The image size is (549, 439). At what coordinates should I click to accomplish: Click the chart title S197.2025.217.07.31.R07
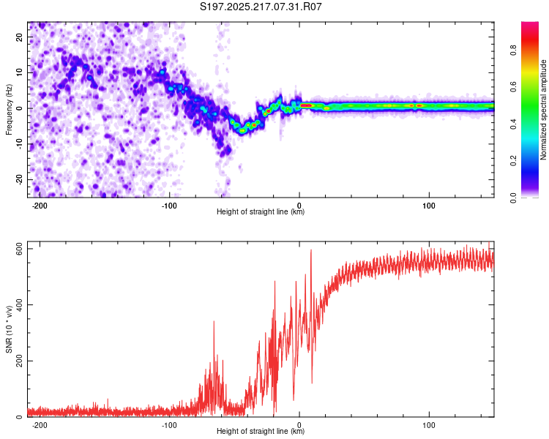click(261, 7)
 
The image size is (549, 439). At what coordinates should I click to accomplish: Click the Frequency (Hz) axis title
click(9, 110)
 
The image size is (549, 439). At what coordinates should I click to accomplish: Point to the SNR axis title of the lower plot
click(9, 329)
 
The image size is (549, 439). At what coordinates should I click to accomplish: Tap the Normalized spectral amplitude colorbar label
click(543, 110)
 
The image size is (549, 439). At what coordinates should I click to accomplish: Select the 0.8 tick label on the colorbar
click(514, 50)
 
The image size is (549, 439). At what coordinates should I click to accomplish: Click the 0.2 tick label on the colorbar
click(514, 160)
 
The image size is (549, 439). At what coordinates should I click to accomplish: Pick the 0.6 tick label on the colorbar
click(514, 86)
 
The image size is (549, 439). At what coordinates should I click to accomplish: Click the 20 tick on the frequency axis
click(20, 37)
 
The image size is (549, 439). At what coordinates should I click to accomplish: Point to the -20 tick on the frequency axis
click(20, 180)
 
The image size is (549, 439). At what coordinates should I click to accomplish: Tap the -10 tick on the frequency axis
click(20, 144)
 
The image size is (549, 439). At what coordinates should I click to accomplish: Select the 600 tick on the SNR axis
click(20, 249)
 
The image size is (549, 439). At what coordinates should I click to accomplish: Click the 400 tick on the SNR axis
click(20, 304)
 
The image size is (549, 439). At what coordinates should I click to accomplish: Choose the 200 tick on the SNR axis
click(20, 361)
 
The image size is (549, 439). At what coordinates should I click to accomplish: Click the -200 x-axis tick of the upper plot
click(40, 206)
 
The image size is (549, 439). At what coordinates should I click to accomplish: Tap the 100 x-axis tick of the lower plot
click(429, 425)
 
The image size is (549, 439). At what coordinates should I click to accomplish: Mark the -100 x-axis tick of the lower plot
click(169, 425)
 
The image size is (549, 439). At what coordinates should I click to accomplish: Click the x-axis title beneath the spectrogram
click(261, 211)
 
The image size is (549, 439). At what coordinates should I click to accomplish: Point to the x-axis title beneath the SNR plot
click(261, 431)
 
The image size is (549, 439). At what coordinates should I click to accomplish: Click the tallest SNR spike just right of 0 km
click(311, 250)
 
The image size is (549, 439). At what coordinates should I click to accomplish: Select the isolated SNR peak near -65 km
click(214, 321)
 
